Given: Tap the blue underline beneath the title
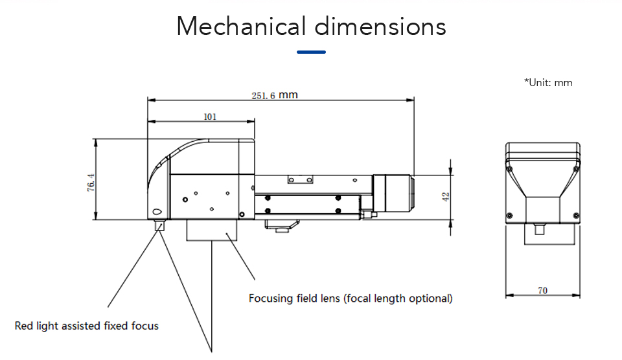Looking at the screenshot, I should tap(311, 52).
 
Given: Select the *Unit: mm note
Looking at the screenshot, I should tap(547, 82).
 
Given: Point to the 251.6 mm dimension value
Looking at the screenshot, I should tap(275, 95).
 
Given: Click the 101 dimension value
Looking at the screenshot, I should tap(210, 117).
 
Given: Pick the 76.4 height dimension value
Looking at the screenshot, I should tap(91, 183).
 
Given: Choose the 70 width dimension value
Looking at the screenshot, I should tap(542, 291).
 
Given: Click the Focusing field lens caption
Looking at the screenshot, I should tap(351, 298).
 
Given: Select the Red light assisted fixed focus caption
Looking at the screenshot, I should tap(87, 325).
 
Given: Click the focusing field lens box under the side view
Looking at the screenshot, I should tap(213, 231).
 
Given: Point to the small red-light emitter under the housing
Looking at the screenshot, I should tap(159, 225).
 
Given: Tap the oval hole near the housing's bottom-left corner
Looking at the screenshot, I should tap(157, 212).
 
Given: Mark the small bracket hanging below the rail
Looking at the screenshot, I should tap(281, 226).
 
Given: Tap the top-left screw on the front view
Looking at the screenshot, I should tap(511, 169).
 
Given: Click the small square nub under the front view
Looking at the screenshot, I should tap(540, 230).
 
